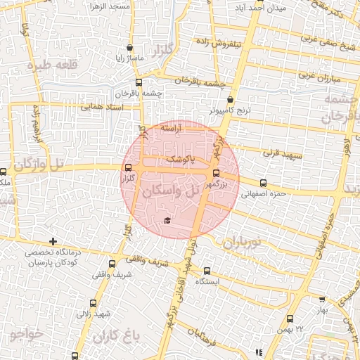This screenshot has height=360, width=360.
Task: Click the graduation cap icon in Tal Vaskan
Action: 167,221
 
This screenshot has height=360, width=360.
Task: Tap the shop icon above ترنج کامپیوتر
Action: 231,100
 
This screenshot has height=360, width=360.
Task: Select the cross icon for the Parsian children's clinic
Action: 53,241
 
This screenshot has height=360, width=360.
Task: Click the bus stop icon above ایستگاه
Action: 207,271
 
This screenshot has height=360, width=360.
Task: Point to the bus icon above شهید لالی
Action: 94,303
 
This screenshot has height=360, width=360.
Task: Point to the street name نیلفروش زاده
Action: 238,44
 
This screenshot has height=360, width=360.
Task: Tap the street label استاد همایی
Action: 103,107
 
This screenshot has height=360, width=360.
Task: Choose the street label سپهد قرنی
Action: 281,151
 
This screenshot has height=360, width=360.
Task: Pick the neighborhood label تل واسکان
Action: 171,191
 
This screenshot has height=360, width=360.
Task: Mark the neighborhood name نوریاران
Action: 242,243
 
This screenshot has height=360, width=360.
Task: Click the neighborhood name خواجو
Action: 27,332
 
